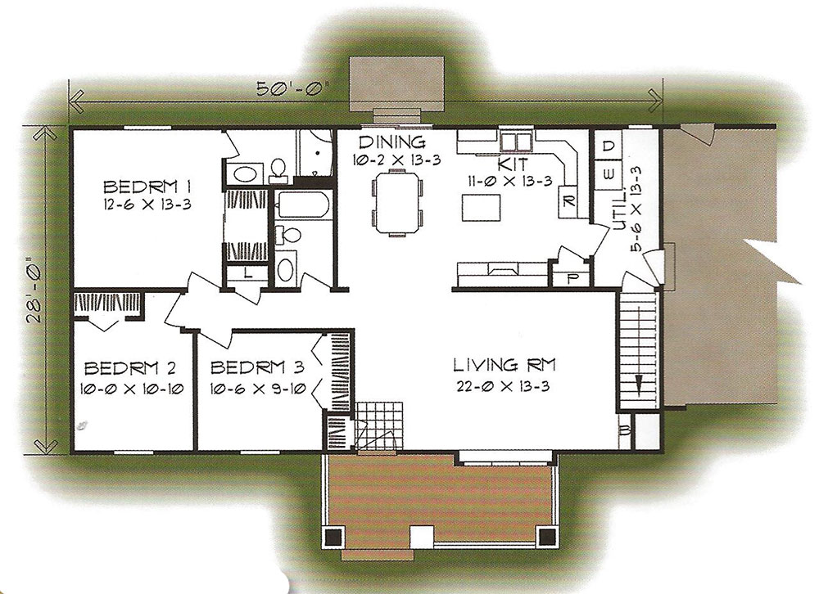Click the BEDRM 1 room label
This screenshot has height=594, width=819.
tap(147, 187)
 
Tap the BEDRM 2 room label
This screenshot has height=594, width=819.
tap(130, 368)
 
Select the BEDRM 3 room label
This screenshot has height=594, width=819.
tap(257, 367)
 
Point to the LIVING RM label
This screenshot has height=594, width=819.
tap(504, 365)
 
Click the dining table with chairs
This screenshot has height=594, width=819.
tap(397, 203)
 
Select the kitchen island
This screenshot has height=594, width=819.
tap(481, 208)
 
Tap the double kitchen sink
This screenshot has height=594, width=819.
tap(515, 141)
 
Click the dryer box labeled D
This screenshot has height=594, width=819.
tap(609, 146)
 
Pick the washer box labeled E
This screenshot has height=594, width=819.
tap(609, 173)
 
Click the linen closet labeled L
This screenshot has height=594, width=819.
tap(248, 272)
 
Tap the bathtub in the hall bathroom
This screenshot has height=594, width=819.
tap(304, 204)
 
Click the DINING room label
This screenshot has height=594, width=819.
tap(391, 142)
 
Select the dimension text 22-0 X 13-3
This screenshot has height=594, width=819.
tap(503, 386)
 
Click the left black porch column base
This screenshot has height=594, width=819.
tap(333, 536)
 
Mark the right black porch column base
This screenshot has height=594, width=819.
tap(547, 536)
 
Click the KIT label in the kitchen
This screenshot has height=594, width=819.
tap(513, 164)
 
